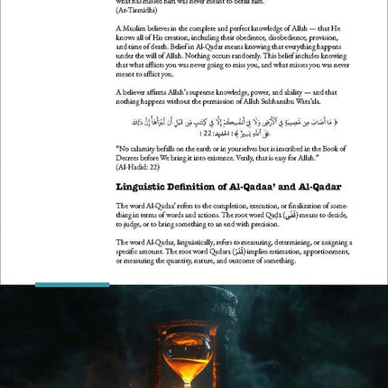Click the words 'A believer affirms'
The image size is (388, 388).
pyautogui.click(x=145, y=91)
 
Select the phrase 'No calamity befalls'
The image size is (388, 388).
pyautogui.click(x=149, y=148)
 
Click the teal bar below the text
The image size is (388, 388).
pyautogui.click(x=72, y=284)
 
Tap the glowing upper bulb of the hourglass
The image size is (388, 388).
pyautogui.click(x=193, y=347)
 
